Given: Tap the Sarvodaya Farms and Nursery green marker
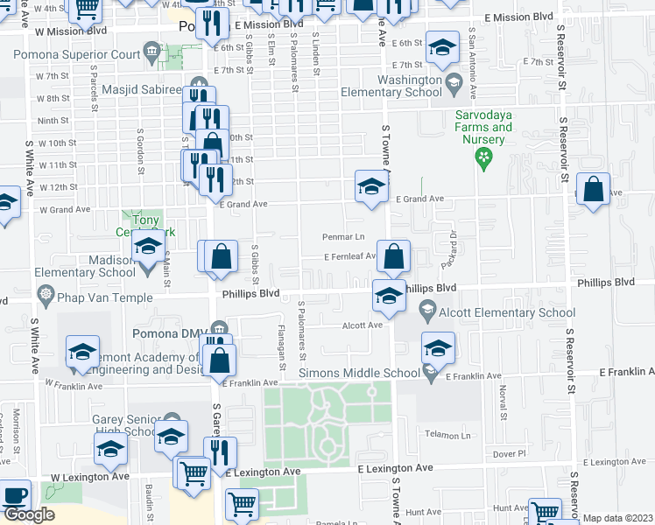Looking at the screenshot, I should click(x=481, y=157).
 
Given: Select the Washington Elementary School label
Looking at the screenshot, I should click(x=398, y=86).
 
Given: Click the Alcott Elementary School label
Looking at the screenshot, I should click(x=508, y=312).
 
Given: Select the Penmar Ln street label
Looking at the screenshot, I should click(x=343, y=237).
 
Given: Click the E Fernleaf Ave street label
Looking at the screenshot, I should click(x=350, y=257).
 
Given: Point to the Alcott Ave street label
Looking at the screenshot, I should click(x=363, y=325).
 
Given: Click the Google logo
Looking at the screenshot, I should click(x=29, y=514).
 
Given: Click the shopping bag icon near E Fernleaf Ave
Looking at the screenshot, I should click(x=395, y=257).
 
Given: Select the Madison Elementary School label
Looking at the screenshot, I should click(x=86, y=266).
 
